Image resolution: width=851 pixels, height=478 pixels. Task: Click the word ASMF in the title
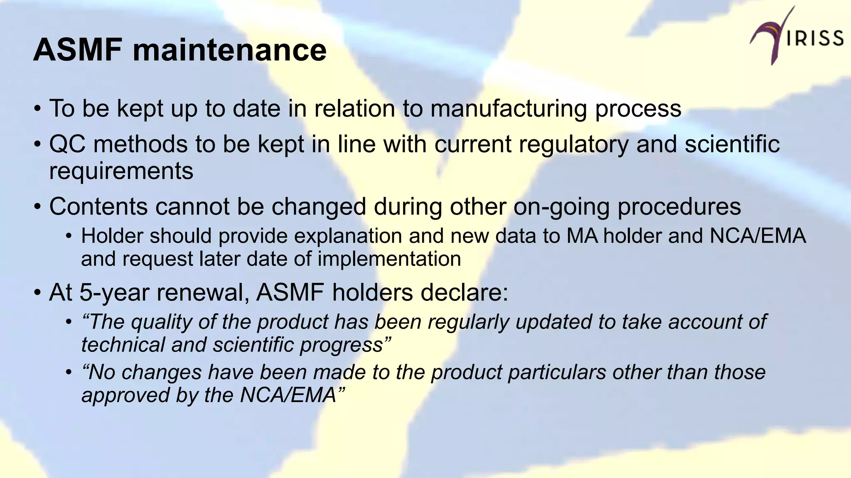[78, 50]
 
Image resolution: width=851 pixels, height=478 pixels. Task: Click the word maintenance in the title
[229, 50]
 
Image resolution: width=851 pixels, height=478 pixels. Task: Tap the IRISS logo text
[815, 39]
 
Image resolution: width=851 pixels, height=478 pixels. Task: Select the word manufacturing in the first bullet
[509, 109]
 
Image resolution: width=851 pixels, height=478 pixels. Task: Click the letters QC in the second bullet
[67, 144]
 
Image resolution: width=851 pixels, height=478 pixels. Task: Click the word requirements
[121, 171]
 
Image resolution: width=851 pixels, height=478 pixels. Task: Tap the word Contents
[98, 207]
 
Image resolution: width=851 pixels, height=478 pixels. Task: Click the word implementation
[389, 259]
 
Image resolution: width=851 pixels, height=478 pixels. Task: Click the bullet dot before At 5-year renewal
[37, 293]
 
